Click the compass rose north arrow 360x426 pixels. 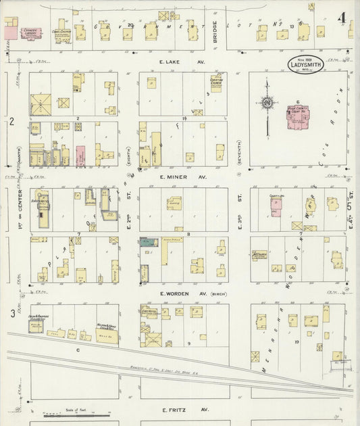coord(267,103)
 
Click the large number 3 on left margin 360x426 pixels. coord(12,313)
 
